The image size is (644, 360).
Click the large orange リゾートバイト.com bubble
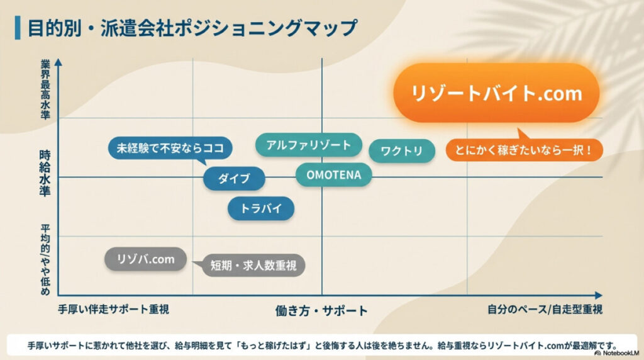496,93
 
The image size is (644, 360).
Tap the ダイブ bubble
234,178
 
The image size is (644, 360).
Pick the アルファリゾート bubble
308,145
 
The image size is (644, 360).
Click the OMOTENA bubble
333,174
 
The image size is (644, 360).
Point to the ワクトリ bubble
401,151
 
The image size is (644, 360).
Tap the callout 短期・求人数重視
248,266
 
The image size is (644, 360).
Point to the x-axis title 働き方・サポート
321,310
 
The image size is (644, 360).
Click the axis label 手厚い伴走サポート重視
114,310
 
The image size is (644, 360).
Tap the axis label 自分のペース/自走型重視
545,310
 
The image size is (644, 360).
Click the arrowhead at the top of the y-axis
58,62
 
